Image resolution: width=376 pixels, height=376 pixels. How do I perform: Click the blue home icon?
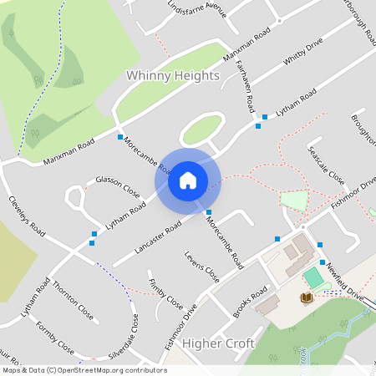(x=187, y=180)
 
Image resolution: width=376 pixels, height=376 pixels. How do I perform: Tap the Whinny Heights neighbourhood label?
(x=172, y=75)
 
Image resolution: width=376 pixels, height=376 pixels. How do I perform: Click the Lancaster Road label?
(x=159, y=239)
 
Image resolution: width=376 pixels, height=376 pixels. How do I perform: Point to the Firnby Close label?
(x=165, y=290)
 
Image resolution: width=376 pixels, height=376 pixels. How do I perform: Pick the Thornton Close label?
(x=73, y=302)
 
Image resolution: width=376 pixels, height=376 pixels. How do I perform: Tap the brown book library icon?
(x=306, y=298)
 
